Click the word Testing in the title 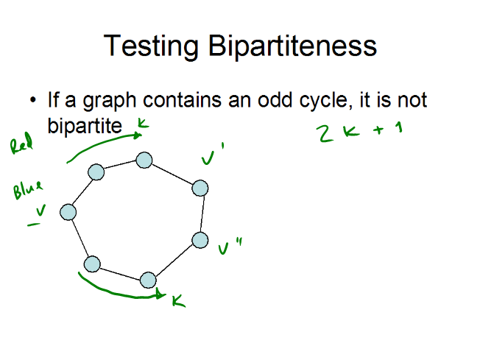point(152,46)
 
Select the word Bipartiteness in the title point(293,46)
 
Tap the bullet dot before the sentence point(32,100)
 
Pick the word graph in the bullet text point(110,101)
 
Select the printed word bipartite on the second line point(85,125)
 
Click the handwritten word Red point(21,143)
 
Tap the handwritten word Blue point(28,189)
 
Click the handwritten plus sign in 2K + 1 point(378,130)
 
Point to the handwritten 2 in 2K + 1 point(325,133)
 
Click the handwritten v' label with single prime point(213,154)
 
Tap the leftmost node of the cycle point(68,212)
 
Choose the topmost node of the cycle point(144,160)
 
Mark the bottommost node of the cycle point(148,280)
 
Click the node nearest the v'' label point(200,240)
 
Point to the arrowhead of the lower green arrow point(161,294)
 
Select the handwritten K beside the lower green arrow point(179,301)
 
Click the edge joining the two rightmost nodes point(202,214)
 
